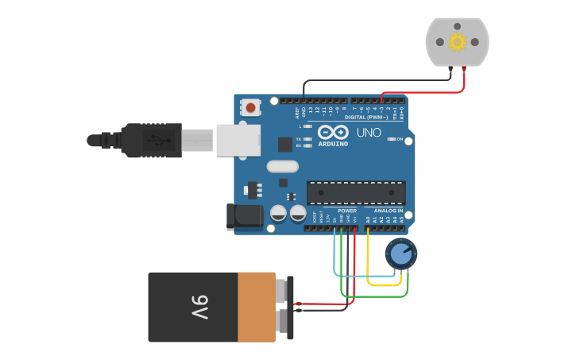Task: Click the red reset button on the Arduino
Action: coord(251,106)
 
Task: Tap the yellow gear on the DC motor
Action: coord(457,41)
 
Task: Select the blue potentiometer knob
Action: coord(401,254)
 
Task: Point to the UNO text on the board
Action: coord(369,133)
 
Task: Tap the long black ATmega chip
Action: coord(356,192)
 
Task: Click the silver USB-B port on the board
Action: coord(238,140)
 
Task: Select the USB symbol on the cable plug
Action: coord(156,141)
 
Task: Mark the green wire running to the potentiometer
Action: coord(373,296)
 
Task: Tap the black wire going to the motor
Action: coord(373,79)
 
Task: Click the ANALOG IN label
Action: coord(389,211)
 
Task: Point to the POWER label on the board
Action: coord(347,211)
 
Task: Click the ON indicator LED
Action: coord(390,139)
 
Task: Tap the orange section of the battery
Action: coord(256,307)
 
